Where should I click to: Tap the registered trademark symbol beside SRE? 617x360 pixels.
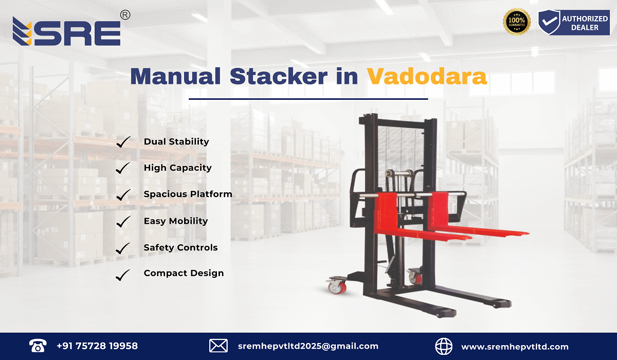pyautogui.click(x=124, y=15)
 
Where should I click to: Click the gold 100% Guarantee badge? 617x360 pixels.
pyautogui.click(x=516, y=22)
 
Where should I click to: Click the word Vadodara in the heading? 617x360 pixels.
pyautogui.click(x=427, y=77)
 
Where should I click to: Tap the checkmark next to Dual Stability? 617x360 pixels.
pyautogui.click(x=123, y=142)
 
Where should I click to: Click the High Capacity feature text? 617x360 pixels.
pyautogui.click(x=177, y=168)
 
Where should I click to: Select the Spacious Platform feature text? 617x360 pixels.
pyautogui.click(x=188, y=194)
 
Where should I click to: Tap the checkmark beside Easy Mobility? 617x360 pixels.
pyautogui.click(x=123, y=222)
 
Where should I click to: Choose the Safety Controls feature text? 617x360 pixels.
pyautogui.click(x=180, y=248)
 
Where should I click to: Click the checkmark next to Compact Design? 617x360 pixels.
pyautogui.click(x=123, y=275)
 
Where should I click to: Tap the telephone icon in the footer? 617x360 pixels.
pyautogui.click(x=38, y=346)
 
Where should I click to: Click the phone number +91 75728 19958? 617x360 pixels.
pyautogui.click(x=97, y=346)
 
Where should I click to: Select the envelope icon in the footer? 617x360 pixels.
pyautogui.click(x=218, y=346)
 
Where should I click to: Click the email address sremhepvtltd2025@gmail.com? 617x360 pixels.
pyautogui.click(x=308, y=346)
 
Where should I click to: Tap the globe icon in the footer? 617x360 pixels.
pyautogui.click(x=444, y=346)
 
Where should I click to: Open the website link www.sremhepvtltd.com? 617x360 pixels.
pyautogui.click(x=515, y=347)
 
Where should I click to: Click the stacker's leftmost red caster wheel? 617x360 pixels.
pyautogui.click(x=336, y=286)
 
